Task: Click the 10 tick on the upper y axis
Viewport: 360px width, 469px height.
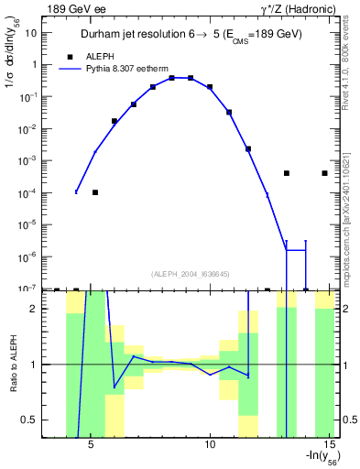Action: (x=31, y=32)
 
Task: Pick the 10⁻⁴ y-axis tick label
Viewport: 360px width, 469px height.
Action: (x=27, y=192)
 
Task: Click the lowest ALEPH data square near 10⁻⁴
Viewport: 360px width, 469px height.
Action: (x=95, y=192)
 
